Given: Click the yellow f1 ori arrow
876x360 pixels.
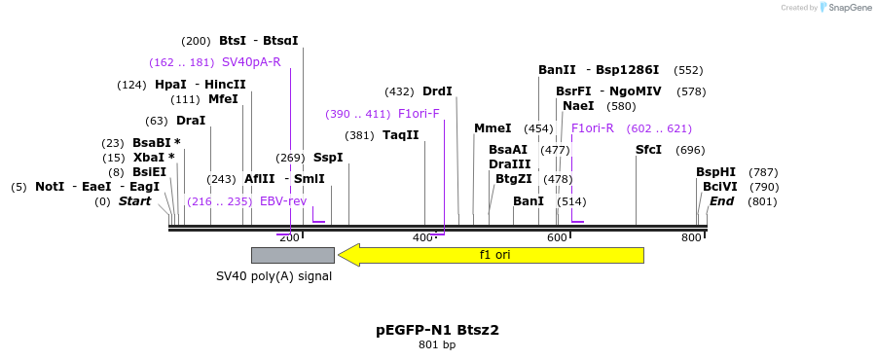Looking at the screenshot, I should tap(492, 255).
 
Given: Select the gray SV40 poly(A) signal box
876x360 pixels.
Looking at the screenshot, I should tap(292, 255).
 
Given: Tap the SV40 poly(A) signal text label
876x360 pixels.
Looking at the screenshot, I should tap(274, 276).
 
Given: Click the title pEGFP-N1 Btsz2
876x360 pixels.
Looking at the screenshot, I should tap(437, 330).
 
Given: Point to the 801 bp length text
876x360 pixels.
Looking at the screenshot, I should tap(437, 344).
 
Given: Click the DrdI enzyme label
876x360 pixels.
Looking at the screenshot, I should tap(437, 91).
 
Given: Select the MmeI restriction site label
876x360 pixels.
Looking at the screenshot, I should tap(493, 128).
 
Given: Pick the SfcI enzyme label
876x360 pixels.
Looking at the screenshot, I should tap(648, 150).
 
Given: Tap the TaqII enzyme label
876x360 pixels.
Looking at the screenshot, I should tap(400, 135).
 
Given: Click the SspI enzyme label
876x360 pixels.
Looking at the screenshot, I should tap(328, 158).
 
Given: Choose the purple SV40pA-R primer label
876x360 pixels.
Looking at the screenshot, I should tap(251, 62).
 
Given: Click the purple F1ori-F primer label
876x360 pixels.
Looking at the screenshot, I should tap(419, 114).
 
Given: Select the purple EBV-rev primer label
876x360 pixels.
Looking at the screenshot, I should tap(283, 201).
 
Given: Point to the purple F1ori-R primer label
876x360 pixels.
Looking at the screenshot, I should tap(593, 128).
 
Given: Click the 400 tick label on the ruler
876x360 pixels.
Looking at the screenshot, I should tap(422, 237).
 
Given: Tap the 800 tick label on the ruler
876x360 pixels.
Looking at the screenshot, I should tap(691, 237).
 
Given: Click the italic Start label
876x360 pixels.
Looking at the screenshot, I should tap(134, 201).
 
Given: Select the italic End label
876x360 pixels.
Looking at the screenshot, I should tap(721, 201).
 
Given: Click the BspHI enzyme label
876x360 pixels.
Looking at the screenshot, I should tap(715, 172).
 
